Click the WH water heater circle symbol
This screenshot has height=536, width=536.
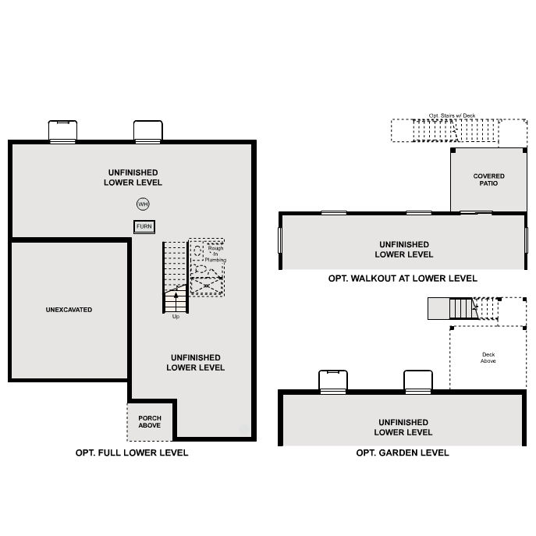pyautogui.click(x=143, y=204)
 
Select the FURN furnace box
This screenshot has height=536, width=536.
pyautogui.click(x=144, y=226)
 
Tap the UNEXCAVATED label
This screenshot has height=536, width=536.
pyautogui.click(x=69, y=310)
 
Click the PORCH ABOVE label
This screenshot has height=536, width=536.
pyautogui.click(x=150, y=422)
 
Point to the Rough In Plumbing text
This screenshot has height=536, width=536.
pyautogui.click(x=216, y=254)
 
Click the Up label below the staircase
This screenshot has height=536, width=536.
pyautogui.click(x=176, y=316)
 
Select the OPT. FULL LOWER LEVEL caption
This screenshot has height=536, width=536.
pyautogui.click(x=132, y=453)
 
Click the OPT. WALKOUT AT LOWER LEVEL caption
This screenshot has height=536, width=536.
pyautogui.click(x=403, y=279)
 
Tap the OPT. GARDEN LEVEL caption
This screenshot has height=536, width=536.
pyautogui.click(x=403, y=453)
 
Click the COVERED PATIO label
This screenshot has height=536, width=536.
pyautogui.click(x=489, y=179)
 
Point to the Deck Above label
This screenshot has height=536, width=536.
pyautogui.click(x=488, y=358)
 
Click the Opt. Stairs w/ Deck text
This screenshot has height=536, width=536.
pyautogui.click(x=452, y=115)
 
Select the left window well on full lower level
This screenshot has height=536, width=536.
pyautogui.click(x=62, y=131)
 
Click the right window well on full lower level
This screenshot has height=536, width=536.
pyautogui.click(x=147, y=131)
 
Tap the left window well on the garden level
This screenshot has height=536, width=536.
pyautogui.click(x=333, y=381)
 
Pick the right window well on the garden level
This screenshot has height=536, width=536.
pyautogui.click(x=418, y=381)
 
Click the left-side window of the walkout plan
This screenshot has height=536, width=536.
pyautogui.click(x=281, y=240)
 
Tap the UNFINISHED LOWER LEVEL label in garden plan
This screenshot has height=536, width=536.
pyautogui.click(x=403, y=428)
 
